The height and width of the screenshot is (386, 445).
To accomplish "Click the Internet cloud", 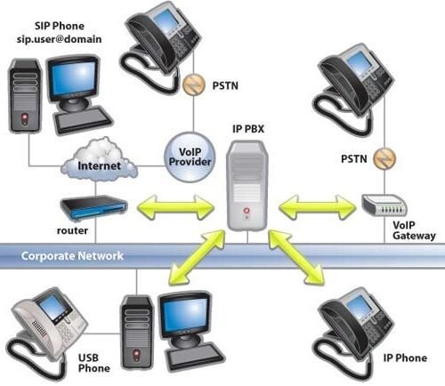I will pyautogui.click(x=98, y=165).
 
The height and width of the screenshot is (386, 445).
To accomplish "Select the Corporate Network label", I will pyautogui.click(x=60, y=255).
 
